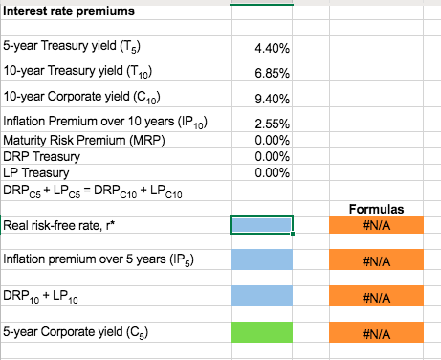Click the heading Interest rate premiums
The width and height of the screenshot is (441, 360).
69,11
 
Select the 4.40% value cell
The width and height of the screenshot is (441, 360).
276,47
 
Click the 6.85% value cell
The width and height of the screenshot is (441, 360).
276,73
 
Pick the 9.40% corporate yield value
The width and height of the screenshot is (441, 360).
276,99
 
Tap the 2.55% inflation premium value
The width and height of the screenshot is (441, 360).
276,124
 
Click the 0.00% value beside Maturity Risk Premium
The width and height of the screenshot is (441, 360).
276,140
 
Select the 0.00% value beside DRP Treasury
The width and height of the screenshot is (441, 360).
276,156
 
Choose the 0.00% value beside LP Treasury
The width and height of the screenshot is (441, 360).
276,172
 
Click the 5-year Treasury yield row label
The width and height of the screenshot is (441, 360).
66,46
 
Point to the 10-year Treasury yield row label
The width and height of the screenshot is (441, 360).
69,72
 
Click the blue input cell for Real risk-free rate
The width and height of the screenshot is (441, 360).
261,224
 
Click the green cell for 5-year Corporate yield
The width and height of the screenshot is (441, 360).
261,333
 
